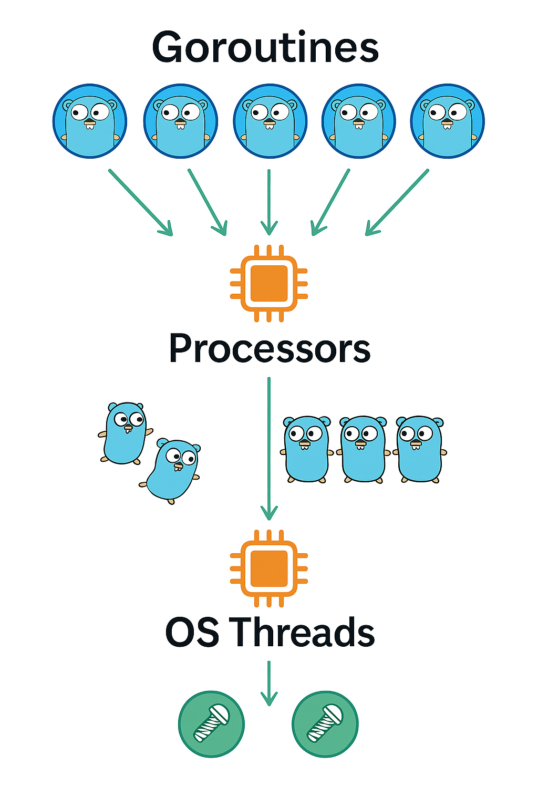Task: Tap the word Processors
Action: [x=270, y=348]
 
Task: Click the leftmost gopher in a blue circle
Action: [x=90, y=121]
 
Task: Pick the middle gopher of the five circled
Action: [x=270, y=121]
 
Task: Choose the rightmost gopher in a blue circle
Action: [x=448, y=121]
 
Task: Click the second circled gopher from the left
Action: [x=180, y=121]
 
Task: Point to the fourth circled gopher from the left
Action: [x=359, y=121]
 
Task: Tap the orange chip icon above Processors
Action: [x=269, y=283]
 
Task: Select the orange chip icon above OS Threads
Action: [x=269, y=568]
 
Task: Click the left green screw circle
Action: [x=211, y=724]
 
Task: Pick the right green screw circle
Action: [x=325, y=724]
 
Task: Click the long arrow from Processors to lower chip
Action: [x=269, y=447]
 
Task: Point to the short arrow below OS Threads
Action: [x=269, y=683]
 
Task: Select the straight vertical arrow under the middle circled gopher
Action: [x=269, y=202]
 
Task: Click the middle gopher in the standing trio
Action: [x=363, y=449]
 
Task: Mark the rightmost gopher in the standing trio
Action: [x=420, y=449]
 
